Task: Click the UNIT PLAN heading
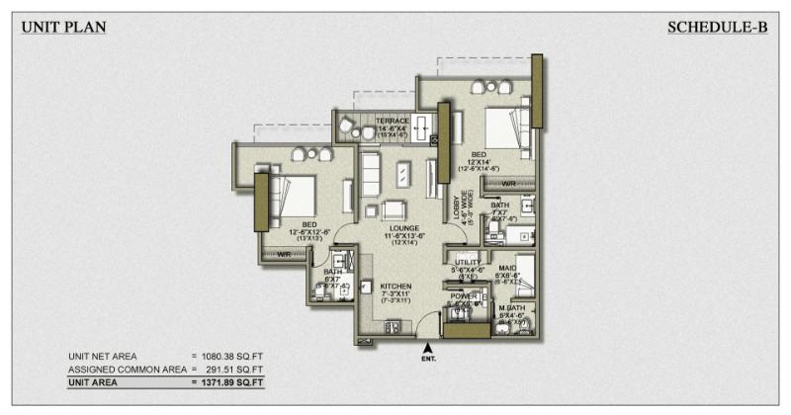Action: coord(63,27)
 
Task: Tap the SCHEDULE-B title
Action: coord(718,27)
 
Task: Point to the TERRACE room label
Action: coord(393,121)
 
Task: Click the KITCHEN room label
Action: coord(395,287)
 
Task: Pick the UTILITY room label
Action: coord(467,262)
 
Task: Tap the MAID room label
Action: coord(508,267)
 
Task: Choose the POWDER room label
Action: coord(465,296)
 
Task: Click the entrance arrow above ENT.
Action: coord(427,347)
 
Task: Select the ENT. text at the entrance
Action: coord(427,360)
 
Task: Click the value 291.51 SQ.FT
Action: coord(236,368)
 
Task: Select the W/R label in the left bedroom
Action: coord(284,254)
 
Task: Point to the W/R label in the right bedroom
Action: coord(508,183)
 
